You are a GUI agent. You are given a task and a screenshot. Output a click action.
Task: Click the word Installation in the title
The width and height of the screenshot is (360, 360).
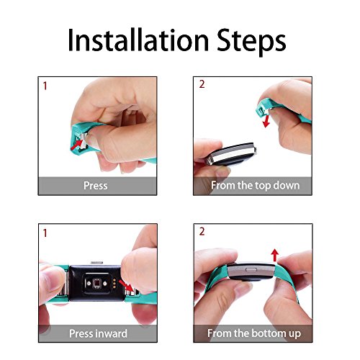pyautogui.click(x=137, y=40)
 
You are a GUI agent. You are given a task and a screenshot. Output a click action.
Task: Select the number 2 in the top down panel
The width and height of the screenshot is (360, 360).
pyautogui.click(x=202, y=85)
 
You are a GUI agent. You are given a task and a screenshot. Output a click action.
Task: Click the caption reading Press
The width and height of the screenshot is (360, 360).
pyautogui.click(x=95, y=186)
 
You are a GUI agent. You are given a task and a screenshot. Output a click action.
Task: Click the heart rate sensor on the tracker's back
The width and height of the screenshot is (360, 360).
pyautogui.click(x=93, y=282)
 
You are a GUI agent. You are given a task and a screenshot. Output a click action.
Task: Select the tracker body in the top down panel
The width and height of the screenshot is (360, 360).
pyautogui.click(x=230, y=148)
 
